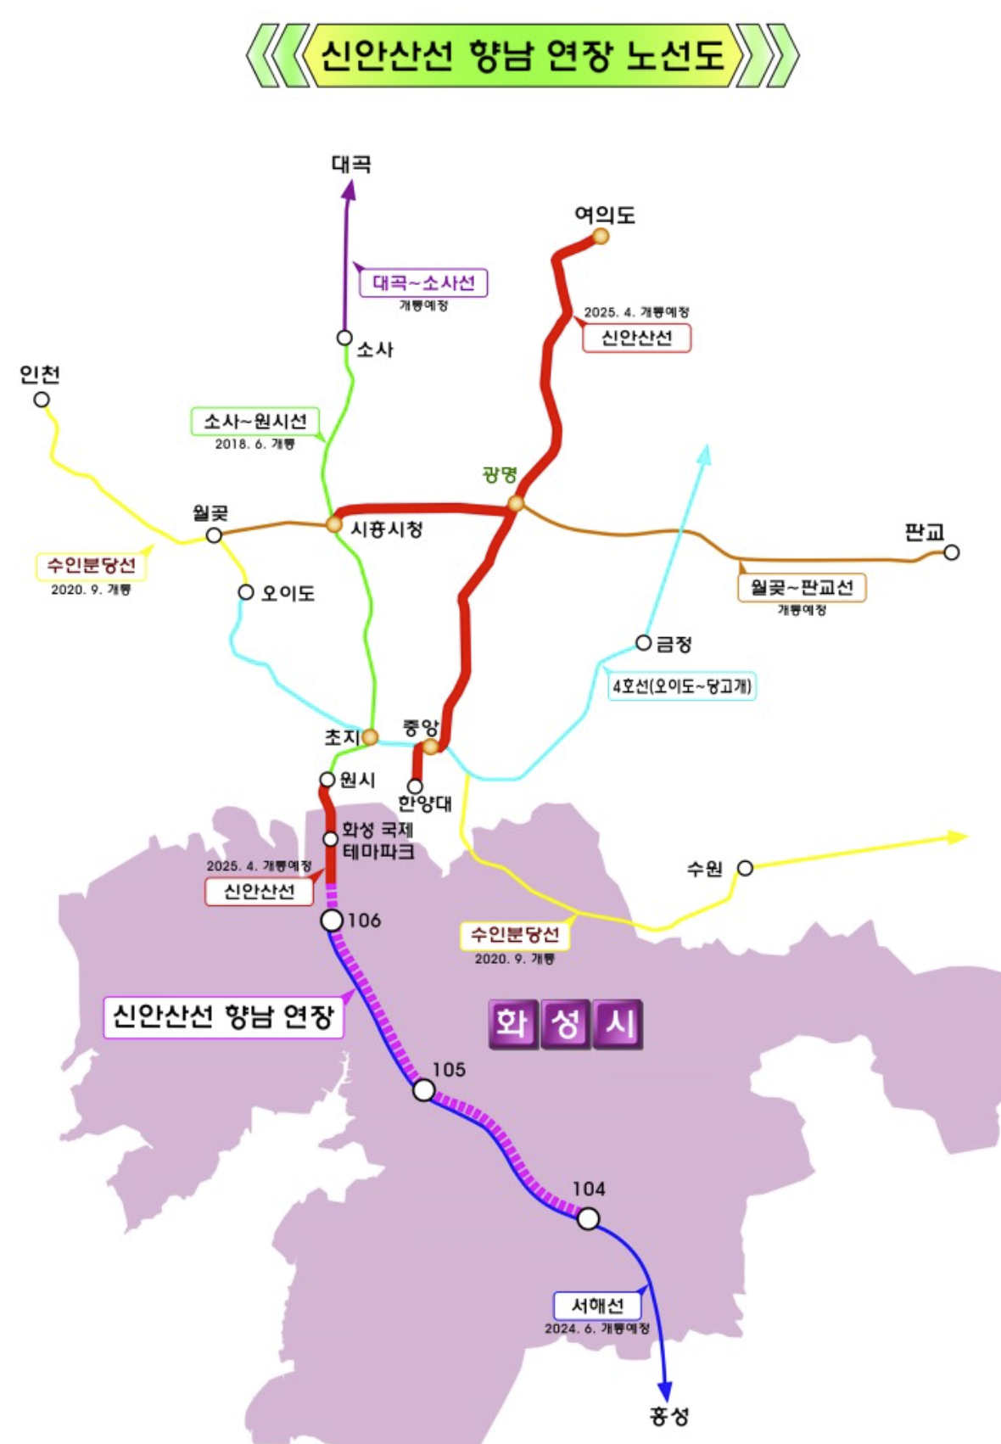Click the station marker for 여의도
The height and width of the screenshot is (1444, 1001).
coord(601,236)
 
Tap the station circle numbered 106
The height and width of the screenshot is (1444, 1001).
coord(333,921)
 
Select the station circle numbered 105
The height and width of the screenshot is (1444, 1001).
coord(423,1090)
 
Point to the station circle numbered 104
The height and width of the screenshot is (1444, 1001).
coord(588,1219)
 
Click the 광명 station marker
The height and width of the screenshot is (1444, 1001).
coord(516,503)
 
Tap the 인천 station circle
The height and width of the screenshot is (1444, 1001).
coord(42,400)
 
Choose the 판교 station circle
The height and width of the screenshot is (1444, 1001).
coord(952,552)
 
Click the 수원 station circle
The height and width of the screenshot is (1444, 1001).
coord(745,867)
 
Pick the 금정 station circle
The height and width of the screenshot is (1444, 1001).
coord(644,642)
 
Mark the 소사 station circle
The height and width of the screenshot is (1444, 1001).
coord(344,338)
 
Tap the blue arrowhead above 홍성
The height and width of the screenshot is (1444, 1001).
coord(665,1391)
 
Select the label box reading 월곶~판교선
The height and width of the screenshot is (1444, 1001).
coord(802,587)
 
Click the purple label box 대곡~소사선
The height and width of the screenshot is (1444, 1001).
coord(423,283)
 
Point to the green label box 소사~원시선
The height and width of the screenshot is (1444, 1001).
coord(254,422)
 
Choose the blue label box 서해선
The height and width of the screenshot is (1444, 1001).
coord(597,1306)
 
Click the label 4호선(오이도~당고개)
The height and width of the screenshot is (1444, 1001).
coord(682,686)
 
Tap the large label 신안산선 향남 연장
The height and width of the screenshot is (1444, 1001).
coord(223,1016)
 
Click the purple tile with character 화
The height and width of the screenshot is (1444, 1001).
coord(512,1024)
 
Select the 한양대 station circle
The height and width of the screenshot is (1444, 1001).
coord(415,786)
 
